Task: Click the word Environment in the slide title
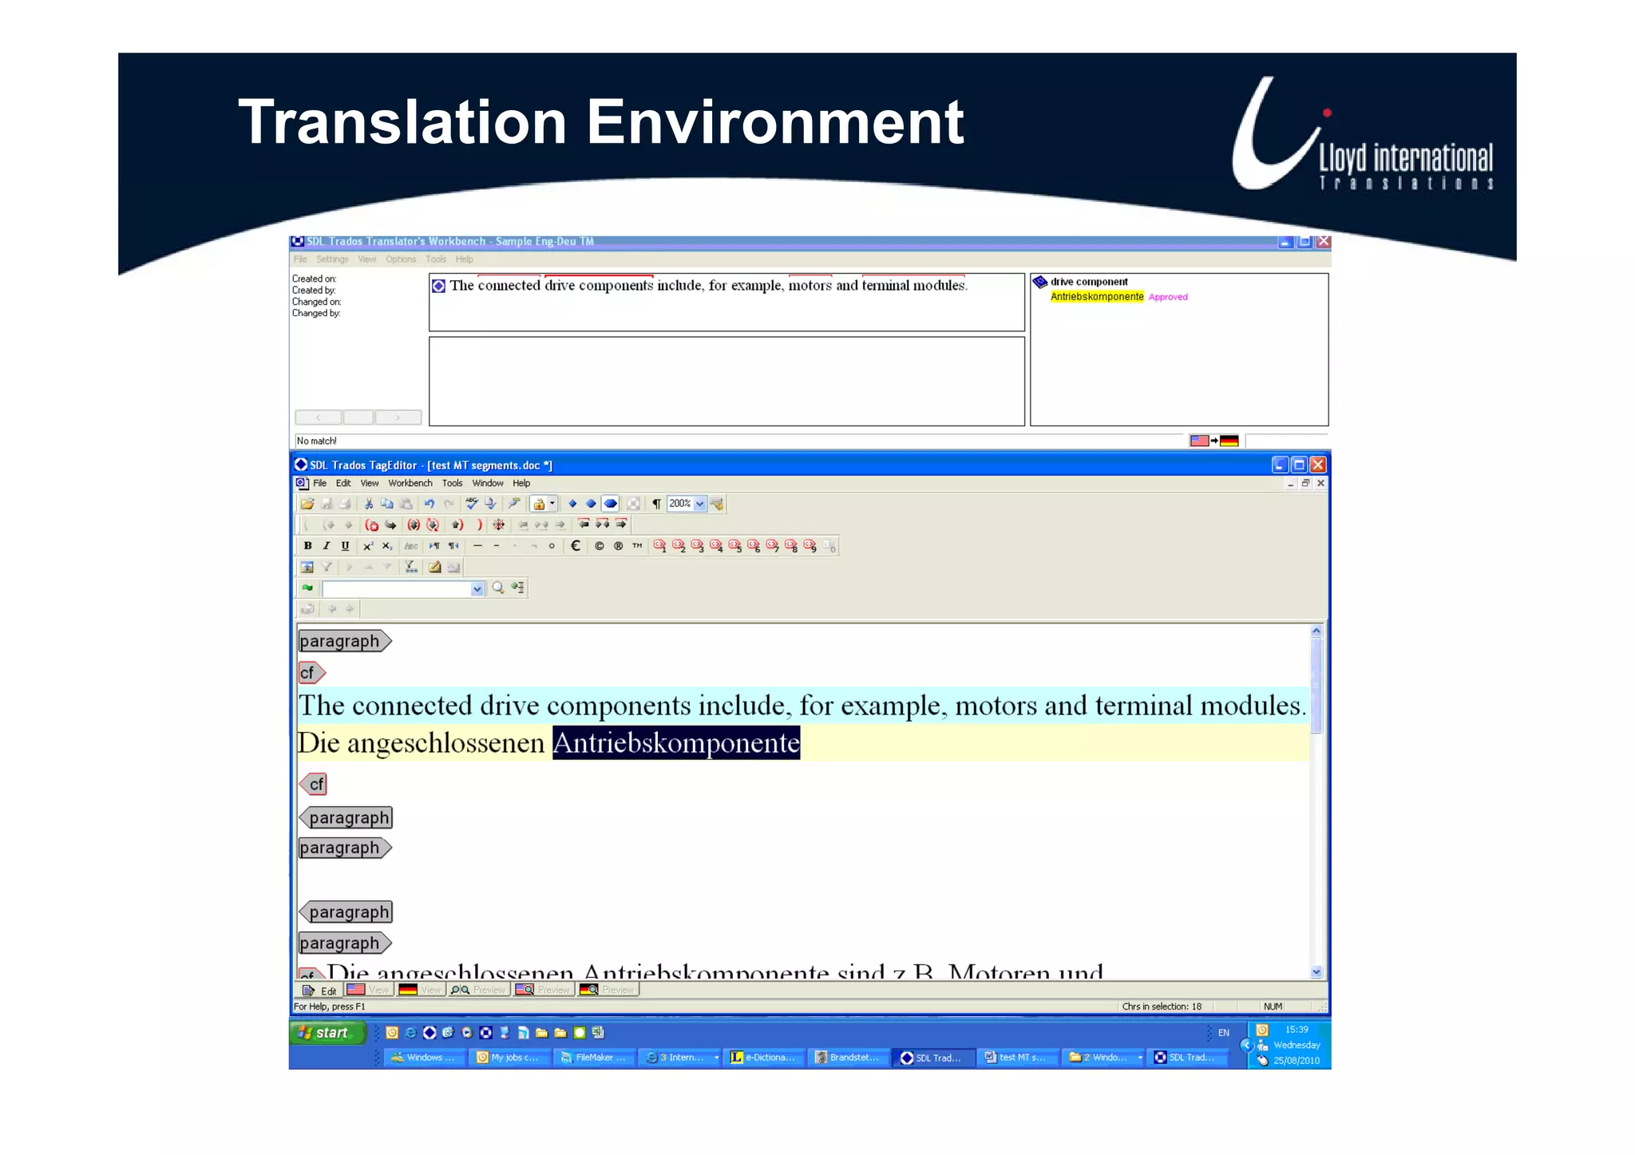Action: [x=775, y=123]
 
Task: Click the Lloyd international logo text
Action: [x=1404, y=159]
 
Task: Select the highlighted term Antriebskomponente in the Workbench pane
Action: [x=1096, y=297]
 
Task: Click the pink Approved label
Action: [x=1168, y=297]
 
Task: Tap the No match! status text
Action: [x=317, y=441]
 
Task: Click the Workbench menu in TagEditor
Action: [x=410, y=483]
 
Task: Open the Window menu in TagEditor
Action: [x=487, y=483]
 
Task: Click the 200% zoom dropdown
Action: [x=687, y=504]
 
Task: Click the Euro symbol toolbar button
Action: [x=576, y=546]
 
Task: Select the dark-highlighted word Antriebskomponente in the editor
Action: [x=675, y=743]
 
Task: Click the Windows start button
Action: [x=327, y=1033]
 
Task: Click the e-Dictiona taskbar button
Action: [x=764, y=1058]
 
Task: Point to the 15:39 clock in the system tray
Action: [x=1297, y=1030]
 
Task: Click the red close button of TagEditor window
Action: [x=1318, y=465]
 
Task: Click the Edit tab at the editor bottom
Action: [x=320, y=991]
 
